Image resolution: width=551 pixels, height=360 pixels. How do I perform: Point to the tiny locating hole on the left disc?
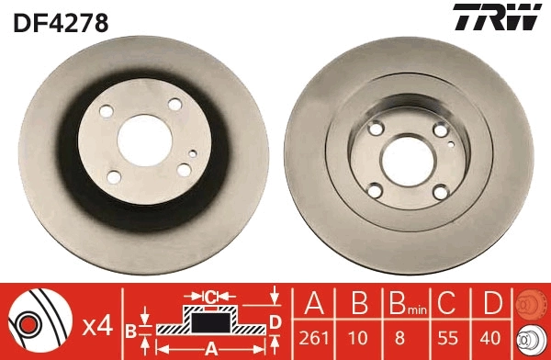[x=191, y=152]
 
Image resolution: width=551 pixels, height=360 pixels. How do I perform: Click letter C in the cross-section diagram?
[x=210, y=296]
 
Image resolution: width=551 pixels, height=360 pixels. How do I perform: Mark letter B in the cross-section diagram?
[x=130, y=328]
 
